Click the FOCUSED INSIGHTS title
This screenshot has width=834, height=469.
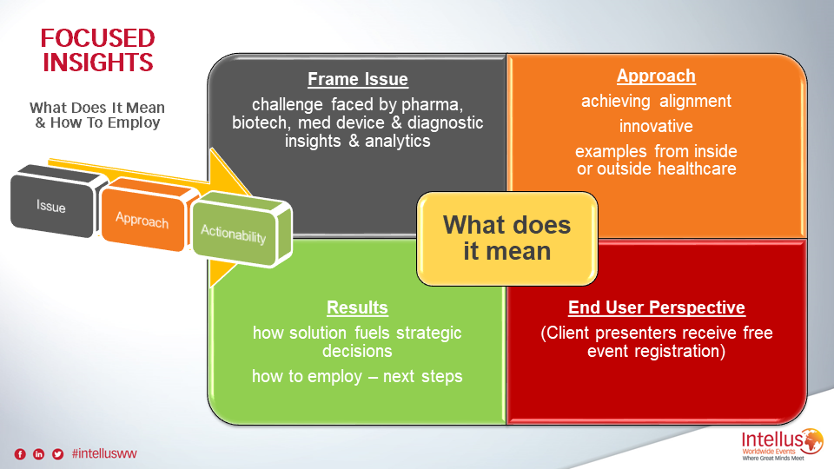point(98,50)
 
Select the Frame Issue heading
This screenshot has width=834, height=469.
point(358,79)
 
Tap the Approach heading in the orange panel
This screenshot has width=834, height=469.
point(656,76)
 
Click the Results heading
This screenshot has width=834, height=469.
point(357,307)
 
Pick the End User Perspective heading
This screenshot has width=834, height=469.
point(657,307)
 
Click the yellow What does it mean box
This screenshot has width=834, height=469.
point(506,239)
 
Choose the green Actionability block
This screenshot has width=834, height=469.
point(242,229)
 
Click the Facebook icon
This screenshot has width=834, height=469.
point(20,454)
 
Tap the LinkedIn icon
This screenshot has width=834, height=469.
point(39,454)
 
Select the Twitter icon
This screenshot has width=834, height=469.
point(57,454)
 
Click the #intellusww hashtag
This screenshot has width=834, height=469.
point(104,453)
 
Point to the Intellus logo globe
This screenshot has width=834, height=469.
point(812,441)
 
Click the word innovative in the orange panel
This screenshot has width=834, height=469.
point(656,126)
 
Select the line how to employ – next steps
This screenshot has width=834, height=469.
point(357,376)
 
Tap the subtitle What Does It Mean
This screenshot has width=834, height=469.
point(97,108)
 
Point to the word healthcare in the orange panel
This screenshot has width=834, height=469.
point(697,169)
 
